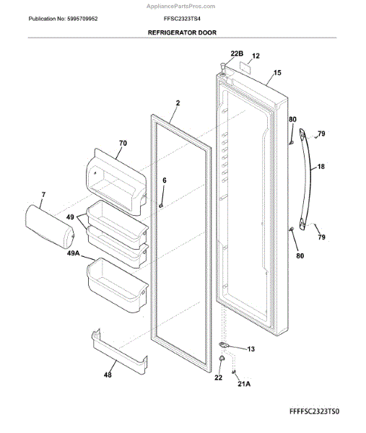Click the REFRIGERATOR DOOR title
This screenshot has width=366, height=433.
(x=182, y=32)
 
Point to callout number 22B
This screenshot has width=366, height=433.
(x=237, y=53)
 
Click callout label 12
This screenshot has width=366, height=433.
(x=255, y=56)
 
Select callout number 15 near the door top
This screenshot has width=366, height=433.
(x=277, y=74)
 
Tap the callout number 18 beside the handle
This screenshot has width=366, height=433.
(x=321, y=167)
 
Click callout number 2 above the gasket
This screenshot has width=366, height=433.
(x=176, y=103)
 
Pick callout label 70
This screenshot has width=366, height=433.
(x=122, y=144)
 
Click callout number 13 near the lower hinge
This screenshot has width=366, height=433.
(x=251, y=349)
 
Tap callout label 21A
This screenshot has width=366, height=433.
(x=244, y=383)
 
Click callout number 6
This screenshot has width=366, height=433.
(x=164, y=180)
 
